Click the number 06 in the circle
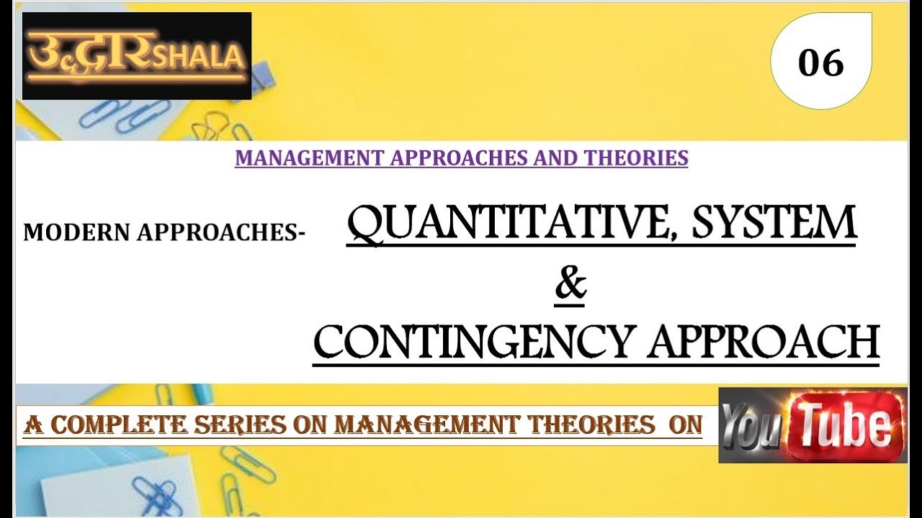coord(820,63)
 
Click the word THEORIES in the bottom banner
coord(586,425)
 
